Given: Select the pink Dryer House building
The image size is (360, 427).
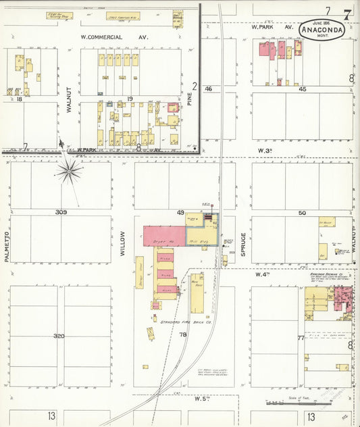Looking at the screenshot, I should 163,236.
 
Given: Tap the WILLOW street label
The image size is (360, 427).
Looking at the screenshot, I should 123,241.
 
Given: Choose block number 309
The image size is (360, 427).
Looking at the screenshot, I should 61,211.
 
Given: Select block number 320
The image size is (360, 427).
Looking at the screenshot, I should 60,335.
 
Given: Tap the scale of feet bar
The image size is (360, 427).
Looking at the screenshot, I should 297,403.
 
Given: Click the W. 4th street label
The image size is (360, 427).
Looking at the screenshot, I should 263,275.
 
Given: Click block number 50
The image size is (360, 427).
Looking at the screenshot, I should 302,213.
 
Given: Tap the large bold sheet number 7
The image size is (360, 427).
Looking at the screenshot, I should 346,13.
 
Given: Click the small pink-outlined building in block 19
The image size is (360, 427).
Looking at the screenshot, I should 174,107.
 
